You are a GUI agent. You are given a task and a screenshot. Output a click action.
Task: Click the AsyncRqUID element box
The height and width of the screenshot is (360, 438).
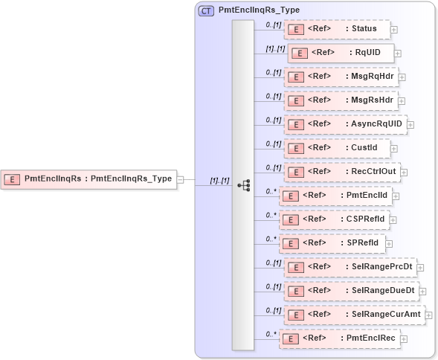pos(345,124)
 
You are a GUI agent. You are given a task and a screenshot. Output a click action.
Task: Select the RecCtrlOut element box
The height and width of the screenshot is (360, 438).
pos(341,172)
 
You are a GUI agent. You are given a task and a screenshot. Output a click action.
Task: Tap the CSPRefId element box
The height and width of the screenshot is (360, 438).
pos(334,219)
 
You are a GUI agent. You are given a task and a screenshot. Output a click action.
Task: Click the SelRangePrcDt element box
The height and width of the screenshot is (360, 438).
pos(350,267)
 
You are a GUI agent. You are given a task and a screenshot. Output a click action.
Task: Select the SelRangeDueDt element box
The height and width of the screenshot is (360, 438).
pos(350,291)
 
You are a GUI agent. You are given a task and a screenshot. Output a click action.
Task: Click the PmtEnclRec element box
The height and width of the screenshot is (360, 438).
pos(339,338)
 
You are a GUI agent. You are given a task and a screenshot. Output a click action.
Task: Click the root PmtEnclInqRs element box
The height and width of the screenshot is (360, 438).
pos(88,179)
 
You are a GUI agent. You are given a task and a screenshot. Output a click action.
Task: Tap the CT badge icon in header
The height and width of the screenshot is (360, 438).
pos(206,11)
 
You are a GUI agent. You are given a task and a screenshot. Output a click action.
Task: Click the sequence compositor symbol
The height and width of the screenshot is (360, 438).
pos(243,185)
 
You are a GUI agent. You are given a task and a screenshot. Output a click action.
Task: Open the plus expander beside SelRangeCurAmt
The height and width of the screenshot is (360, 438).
pos(428,315)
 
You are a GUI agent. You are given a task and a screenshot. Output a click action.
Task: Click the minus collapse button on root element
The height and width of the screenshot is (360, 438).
pos(181,179)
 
